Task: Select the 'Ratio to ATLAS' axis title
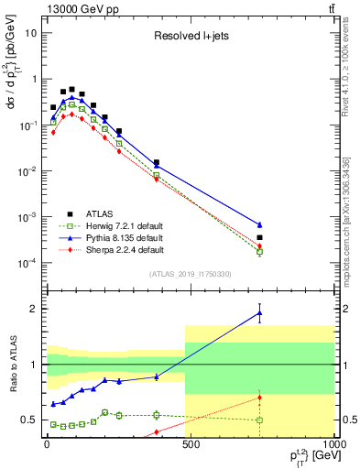(13, 365)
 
